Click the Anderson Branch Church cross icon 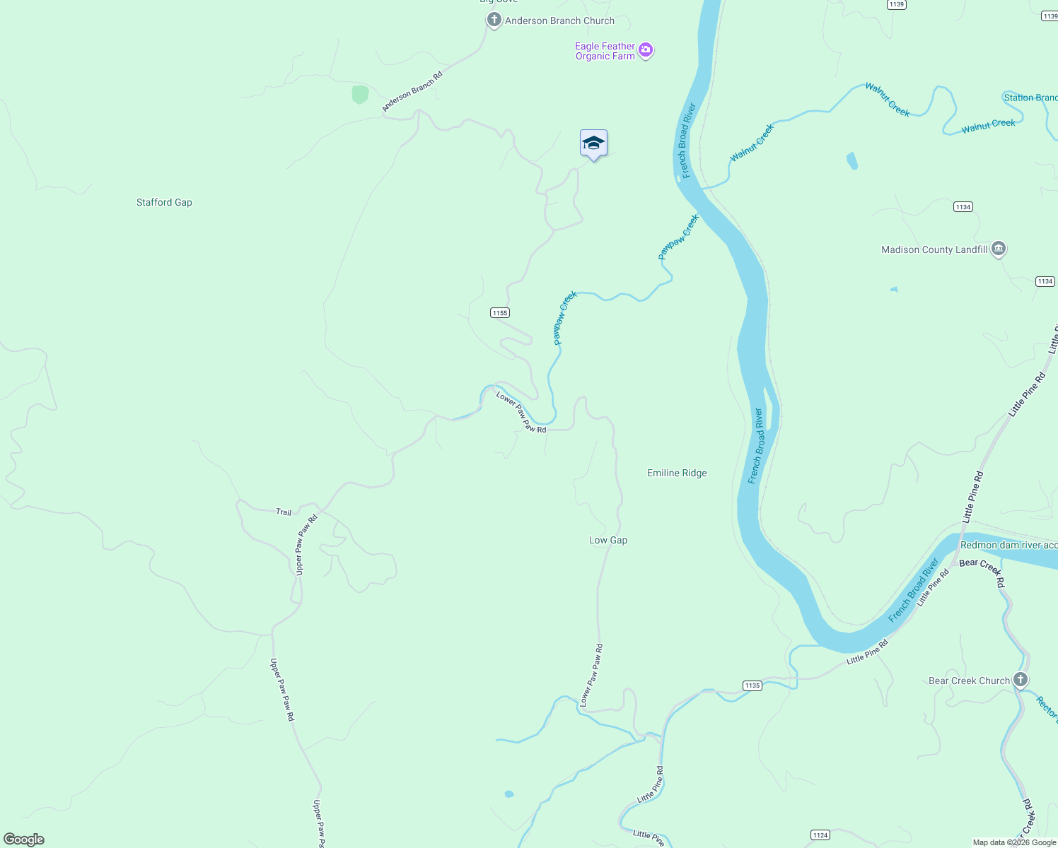point(494,20)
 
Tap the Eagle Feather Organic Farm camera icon point(645,50)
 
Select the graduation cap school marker point(593,143)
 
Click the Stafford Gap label point(164,202)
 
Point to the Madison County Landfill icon point(999,249)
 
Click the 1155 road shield point(500,313)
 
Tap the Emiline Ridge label point(677,473)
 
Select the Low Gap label point(608,540)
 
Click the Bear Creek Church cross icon point(1020,680)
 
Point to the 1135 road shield point(752,685)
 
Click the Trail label point(284,512)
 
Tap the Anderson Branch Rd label point(412,91)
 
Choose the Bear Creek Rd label point(982,572)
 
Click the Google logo point(24,840)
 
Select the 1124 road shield point(820,835)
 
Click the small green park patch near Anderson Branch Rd point(360,94)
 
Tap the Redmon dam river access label point(1008,545)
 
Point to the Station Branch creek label point(1030,98)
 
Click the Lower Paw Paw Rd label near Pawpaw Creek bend point(521,412)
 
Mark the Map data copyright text point(1014,842)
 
